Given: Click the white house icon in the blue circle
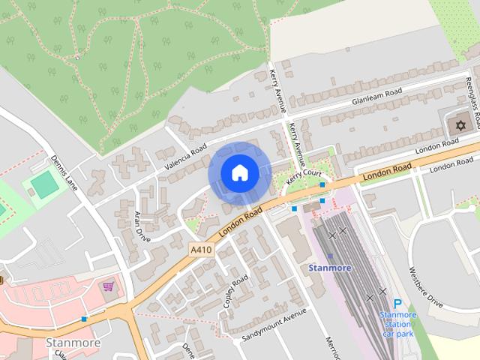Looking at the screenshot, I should tap(239, 172).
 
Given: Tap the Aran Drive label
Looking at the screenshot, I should tap(141, 227).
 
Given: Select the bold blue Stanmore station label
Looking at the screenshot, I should tap(331, 267).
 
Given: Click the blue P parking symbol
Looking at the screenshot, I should tap(397, 304).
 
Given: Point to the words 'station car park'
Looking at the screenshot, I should tap(397, 324).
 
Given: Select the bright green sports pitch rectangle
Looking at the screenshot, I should tap(45, 184).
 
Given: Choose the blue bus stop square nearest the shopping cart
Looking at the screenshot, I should tap(84, 319).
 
